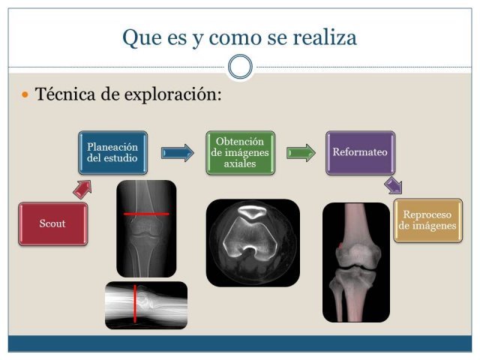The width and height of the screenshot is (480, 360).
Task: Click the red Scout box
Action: point(53,223)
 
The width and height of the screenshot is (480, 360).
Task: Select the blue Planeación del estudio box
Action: point(113,153)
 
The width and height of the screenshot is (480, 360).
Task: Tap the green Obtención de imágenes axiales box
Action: point(240,153)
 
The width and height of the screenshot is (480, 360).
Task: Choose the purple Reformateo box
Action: point(360,153)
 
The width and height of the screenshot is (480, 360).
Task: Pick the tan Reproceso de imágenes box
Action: point(427,220)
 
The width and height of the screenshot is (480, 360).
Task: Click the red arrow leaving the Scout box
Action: point(82,190)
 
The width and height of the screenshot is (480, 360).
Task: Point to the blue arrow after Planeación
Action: point(178,153)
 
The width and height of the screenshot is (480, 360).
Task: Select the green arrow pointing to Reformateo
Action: point(301,153)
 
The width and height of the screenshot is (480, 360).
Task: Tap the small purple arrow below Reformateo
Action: point(393,185)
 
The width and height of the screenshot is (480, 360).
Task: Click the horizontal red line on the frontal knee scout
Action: point(146,214)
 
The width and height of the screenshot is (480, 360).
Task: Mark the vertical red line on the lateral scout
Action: point(135,304)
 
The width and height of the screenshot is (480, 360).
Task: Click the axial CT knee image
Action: point(253,243)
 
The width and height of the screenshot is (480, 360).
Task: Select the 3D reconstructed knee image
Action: point(356,262)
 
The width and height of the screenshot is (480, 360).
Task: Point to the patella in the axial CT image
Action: point(252,211)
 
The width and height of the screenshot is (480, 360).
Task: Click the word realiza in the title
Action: point(325,37)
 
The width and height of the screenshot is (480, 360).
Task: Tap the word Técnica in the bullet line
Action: point(65,94)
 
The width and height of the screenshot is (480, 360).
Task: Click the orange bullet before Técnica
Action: point(25,94)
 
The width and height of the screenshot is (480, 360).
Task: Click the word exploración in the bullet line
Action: point(173,94)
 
